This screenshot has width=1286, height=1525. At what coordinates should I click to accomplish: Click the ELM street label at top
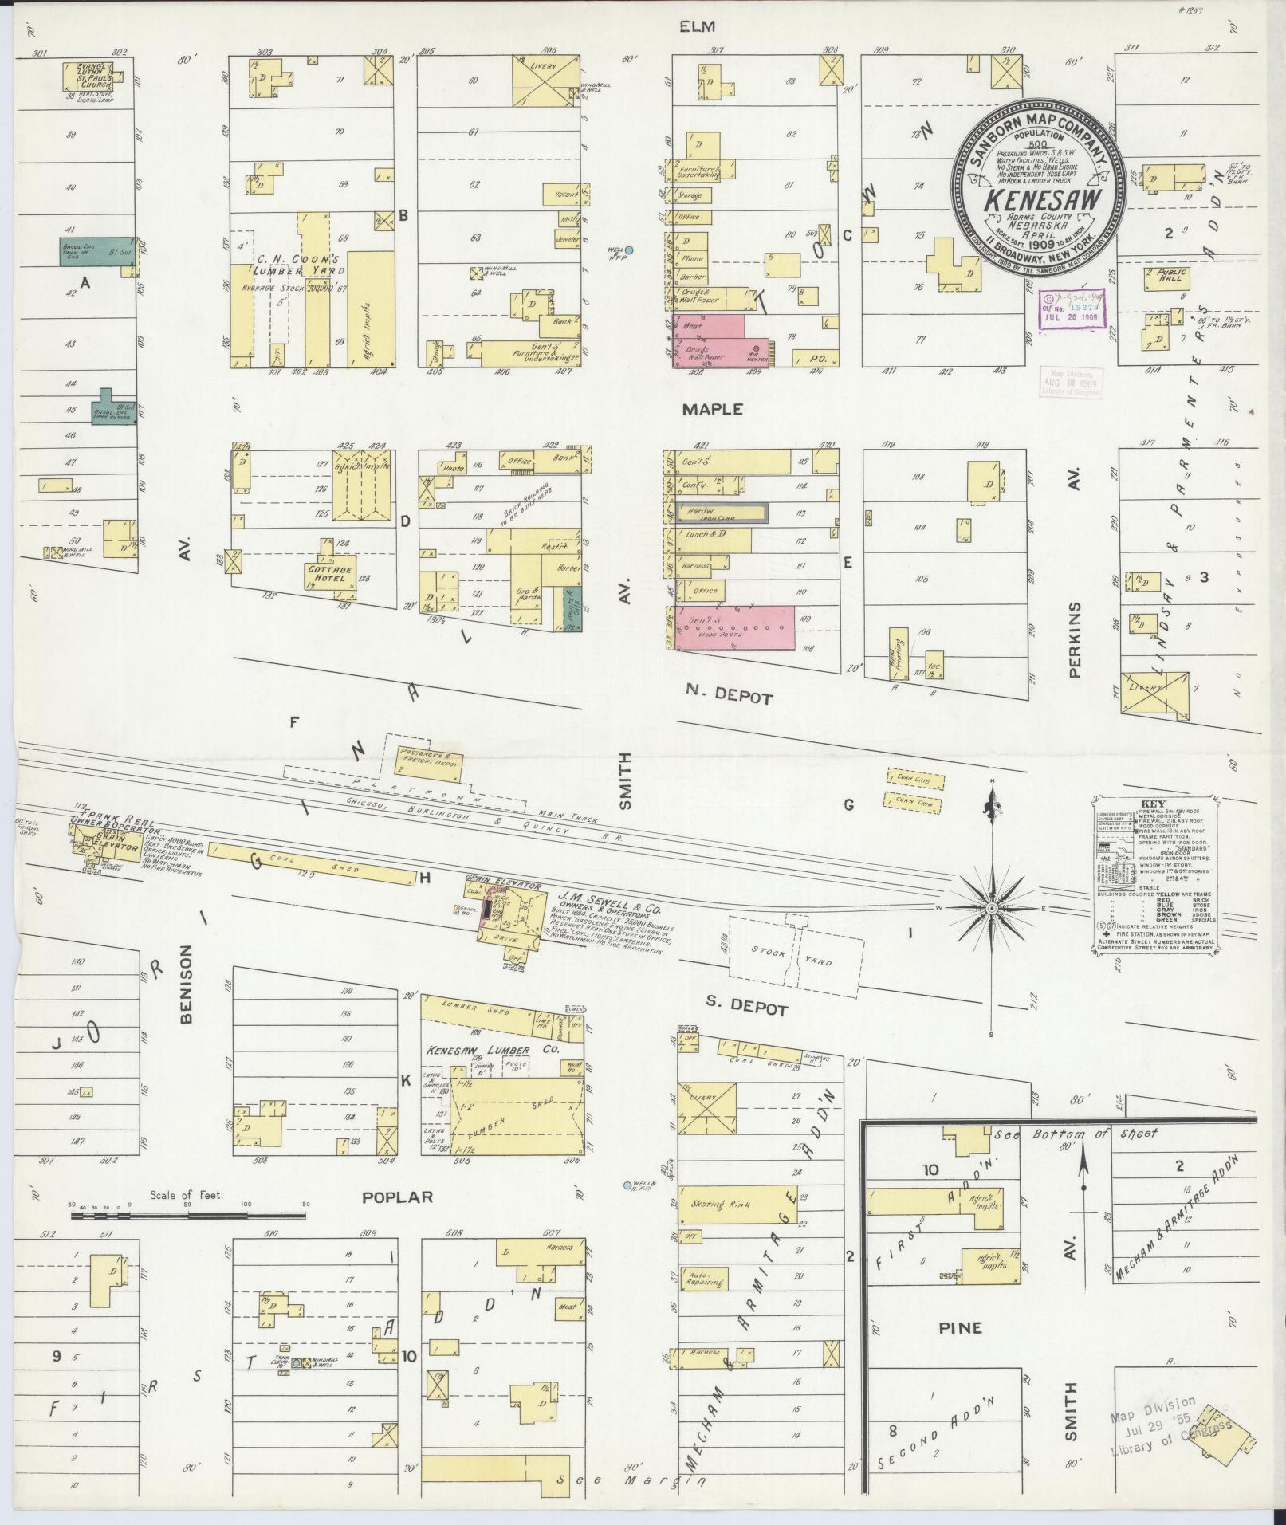point(695,27)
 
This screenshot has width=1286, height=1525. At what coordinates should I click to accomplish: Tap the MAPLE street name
point(712,409)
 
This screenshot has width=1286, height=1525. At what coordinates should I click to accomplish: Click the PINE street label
point(960,1328)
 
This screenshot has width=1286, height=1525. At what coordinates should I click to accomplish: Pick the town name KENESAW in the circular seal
point(1036,200)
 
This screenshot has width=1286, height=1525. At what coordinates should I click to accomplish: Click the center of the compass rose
point(991,909)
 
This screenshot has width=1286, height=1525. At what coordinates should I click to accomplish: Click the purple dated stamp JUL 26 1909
point(1070,306)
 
